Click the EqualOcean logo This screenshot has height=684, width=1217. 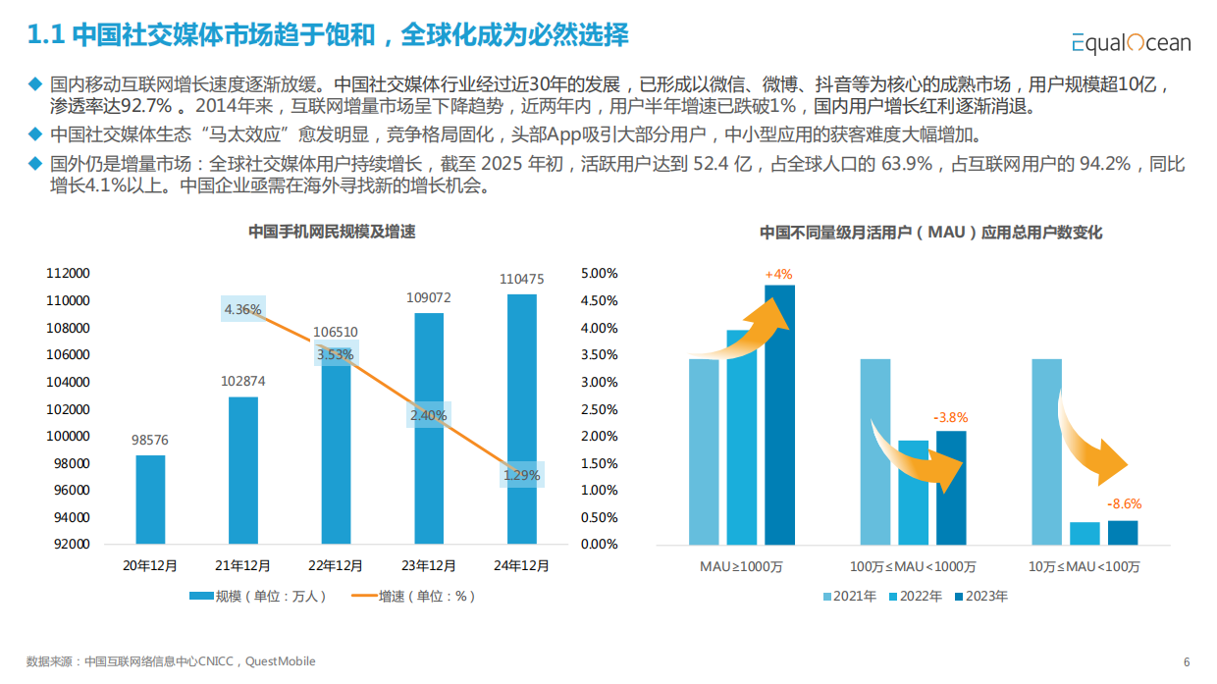(x=1131, y=42)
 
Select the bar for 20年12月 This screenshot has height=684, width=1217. (x=150, y=500)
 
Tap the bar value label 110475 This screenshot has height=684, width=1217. (x=521, y=280)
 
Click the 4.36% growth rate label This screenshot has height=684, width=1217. (x=242, y=310)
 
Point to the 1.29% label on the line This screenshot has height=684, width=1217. (x=521, y=475)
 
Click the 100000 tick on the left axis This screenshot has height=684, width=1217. (x=68, y=436)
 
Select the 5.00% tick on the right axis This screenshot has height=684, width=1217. (x=599, y=274)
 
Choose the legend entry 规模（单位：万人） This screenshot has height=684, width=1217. (x=257, y=596)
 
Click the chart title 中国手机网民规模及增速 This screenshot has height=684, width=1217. (x=332, y=233)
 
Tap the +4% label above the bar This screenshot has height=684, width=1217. (x=778, y=274)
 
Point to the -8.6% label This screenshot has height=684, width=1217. (x=1124, y=504)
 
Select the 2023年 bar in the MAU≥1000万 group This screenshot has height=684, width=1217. (x=779, y=414)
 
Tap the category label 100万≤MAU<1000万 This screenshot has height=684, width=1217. (x=914, y=567)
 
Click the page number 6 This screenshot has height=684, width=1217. (x=1187, y=661)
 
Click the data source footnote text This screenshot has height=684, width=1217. (x=171, y=661)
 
